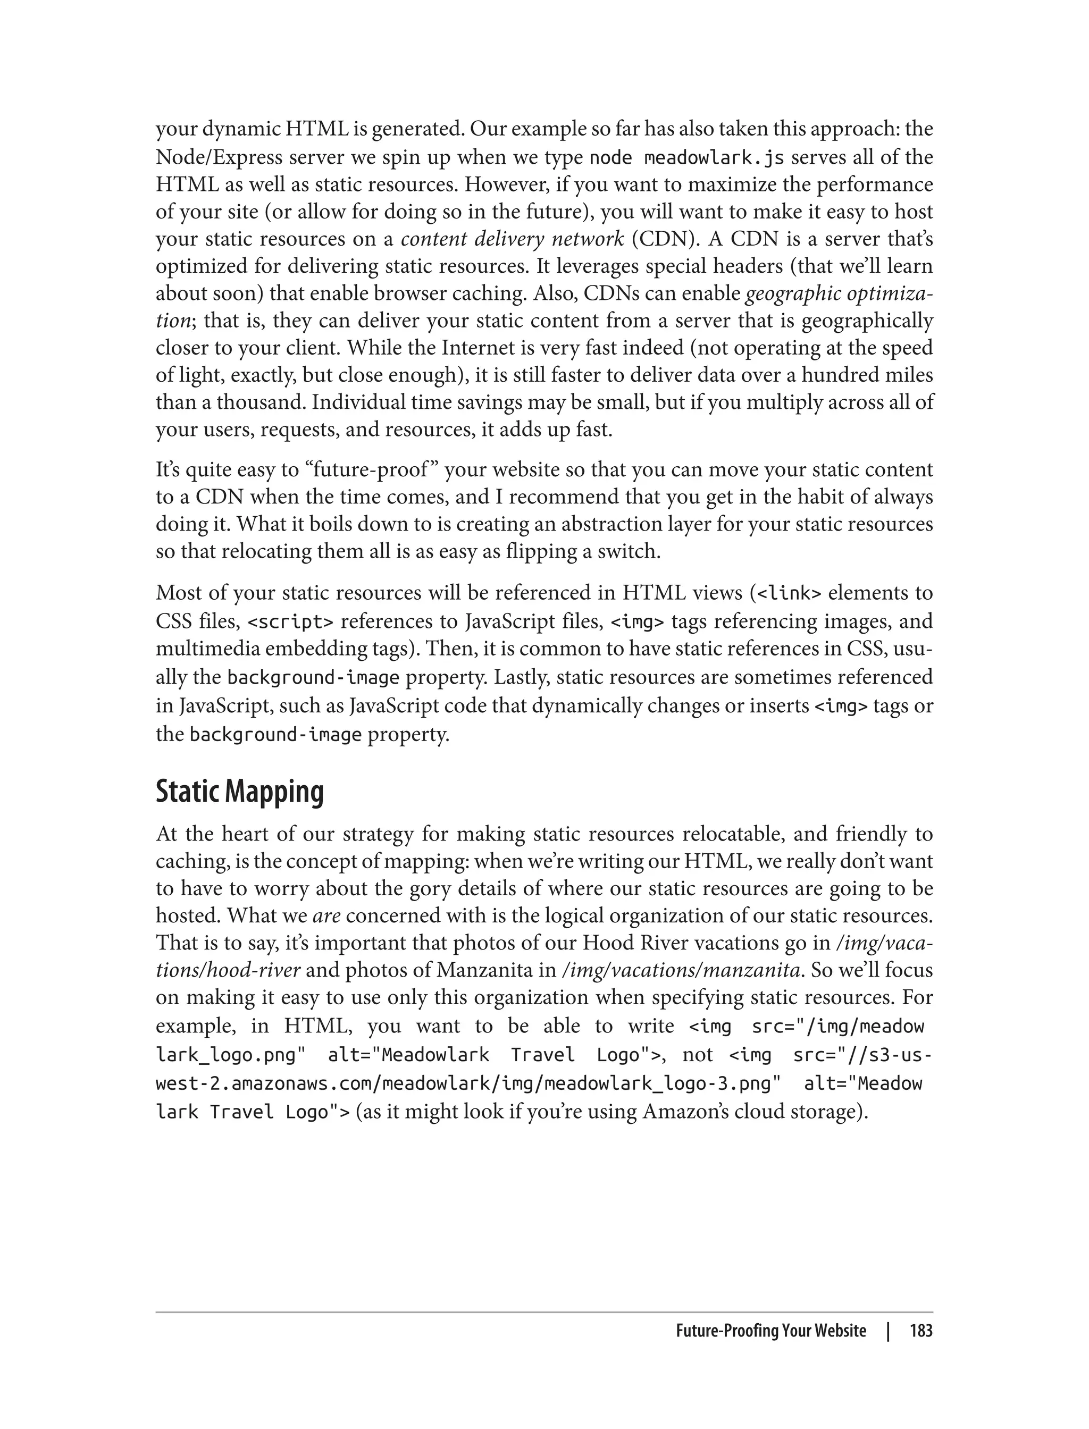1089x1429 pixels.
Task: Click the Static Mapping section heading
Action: coord(239,793)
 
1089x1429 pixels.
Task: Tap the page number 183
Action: coord(920,1331)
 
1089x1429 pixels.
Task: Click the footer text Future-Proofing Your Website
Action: coord(770,1331)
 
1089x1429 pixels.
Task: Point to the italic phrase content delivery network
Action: coord(512,239)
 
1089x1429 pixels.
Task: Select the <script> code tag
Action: coord(291,622)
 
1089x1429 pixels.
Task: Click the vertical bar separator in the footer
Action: coord(889,1331)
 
